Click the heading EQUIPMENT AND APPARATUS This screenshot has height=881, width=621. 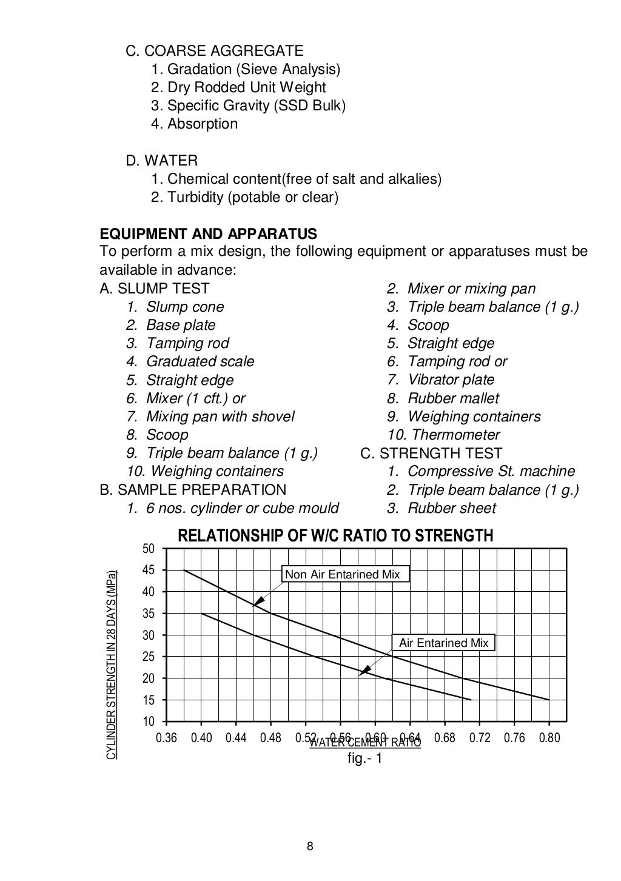(208, 234)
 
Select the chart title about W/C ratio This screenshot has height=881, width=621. (335, 536)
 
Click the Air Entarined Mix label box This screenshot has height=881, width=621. (443, 643)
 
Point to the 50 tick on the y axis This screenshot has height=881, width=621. (149, 549)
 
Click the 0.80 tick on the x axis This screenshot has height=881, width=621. (549, 738)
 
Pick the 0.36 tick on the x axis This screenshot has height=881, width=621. (167, 738)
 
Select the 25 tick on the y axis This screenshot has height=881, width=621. (149, 657)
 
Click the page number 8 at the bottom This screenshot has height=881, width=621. (310, 847)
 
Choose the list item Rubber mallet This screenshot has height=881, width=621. (453, 398)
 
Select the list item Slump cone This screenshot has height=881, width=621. (185, 307)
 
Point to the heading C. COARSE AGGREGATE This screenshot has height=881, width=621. (214, 51)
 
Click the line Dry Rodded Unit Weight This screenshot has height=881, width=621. (246, 87)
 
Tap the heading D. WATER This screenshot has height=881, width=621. (161, 161)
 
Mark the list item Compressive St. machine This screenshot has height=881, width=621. (491, 471)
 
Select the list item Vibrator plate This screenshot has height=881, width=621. (451, 380)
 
